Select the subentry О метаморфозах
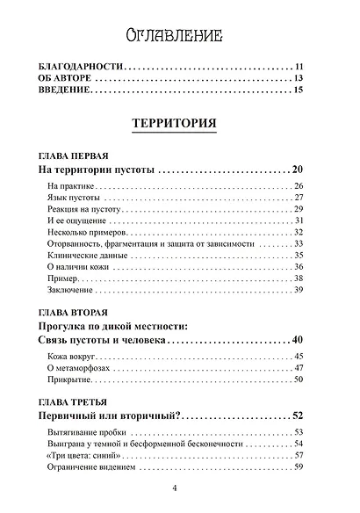tap(76, 367)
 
